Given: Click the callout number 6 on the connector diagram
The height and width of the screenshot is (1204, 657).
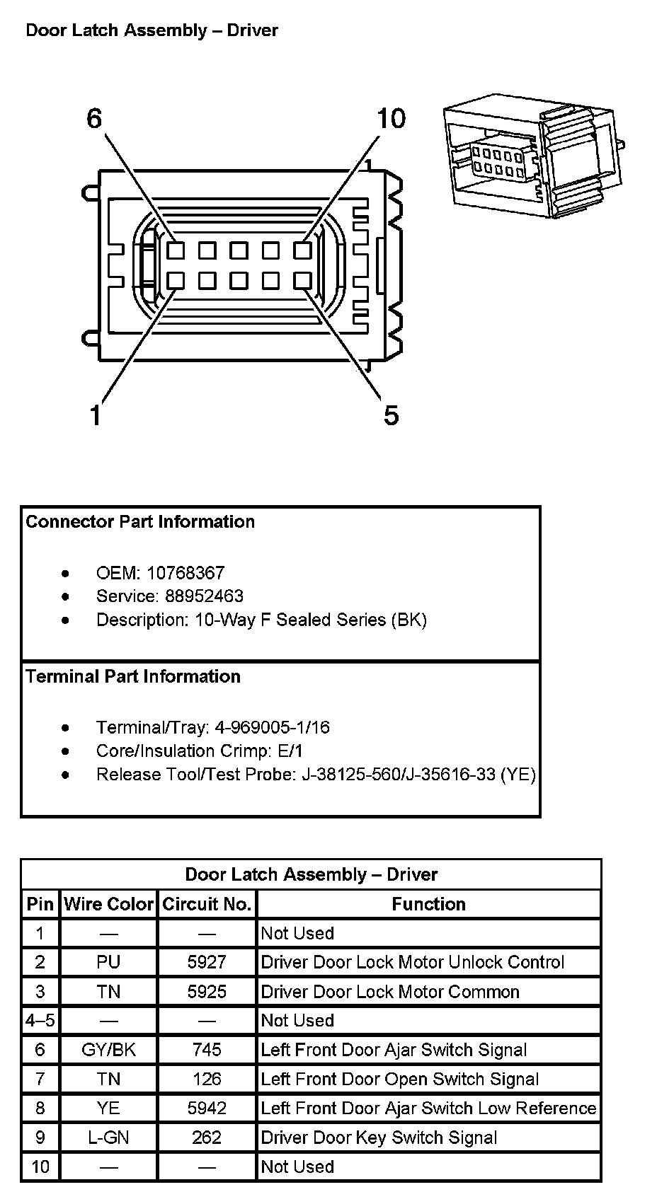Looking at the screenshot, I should [94, 119].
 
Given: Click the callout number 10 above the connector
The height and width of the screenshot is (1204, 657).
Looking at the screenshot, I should [391, 119].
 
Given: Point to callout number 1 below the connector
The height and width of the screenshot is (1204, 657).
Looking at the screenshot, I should [96, 415].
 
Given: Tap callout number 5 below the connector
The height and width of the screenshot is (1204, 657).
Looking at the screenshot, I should [391, 415].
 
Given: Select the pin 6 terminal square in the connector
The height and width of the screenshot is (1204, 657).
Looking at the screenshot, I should [176, 250].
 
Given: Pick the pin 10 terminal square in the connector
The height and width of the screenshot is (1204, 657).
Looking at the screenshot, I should [302, 250].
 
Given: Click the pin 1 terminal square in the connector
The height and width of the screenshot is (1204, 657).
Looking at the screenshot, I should [176, 281].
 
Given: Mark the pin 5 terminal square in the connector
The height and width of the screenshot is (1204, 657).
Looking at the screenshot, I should [302, 281].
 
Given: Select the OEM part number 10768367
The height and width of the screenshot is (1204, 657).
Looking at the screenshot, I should [185, 573].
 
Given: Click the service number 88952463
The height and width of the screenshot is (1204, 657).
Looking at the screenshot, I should [204, 596].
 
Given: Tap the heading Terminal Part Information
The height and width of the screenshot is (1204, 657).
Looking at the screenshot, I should [133, 676].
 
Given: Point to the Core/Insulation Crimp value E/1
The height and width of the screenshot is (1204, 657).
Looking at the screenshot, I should [290, 751].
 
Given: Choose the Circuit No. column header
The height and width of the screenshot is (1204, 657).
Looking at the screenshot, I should [207, 904].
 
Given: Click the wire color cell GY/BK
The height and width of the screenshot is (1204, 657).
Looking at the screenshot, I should [108, 1050].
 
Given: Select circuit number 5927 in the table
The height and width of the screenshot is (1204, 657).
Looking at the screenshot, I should [207, 962].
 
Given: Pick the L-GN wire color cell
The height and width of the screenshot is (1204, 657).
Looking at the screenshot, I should [108, 1138].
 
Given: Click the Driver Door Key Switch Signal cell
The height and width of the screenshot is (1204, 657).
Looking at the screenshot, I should [379, 1138].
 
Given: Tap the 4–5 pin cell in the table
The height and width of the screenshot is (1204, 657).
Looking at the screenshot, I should [40, 1021].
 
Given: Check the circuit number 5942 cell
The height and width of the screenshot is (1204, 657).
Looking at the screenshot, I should [207, 1109].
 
